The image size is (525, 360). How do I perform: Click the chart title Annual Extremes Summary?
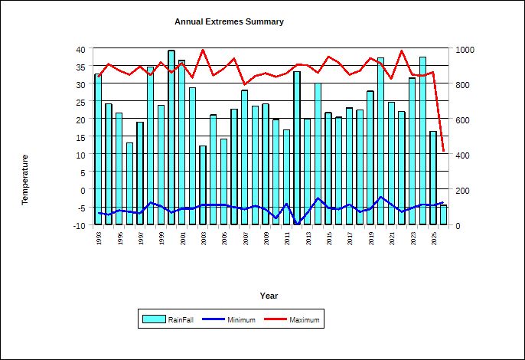click(x=229, y=21)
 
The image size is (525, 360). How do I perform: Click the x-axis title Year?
click(x=269, y=296)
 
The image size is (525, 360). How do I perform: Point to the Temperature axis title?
click(x=24, y=179)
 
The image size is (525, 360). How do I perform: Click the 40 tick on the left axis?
click(x=82, y=49)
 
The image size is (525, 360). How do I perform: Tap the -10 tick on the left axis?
click(x=80, y=225)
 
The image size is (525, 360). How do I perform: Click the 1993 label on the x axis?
click(x=99, y=239)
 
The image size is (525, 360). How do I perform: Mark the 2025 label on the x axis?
click(x=434, y=239)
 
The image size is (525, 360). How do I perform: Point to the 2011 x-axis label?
click(x=287, y=239)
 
